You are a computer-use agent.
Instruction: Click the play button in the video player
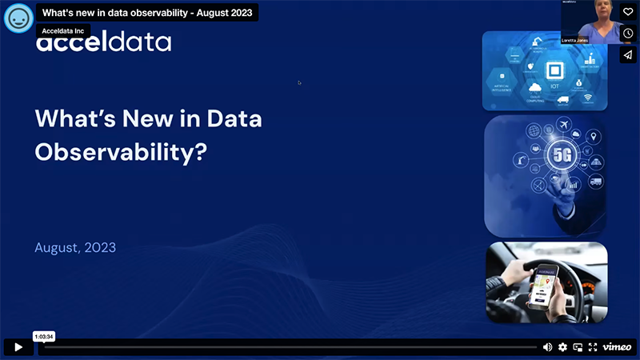point(18,347)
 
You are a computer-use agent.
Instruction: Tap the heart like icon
point(628,12)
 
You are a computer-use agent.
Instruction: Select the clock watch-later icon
point(628,33)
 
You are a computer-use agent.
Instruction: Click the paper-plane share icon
point(628,54)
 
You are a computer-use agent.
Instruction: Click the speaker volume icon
point(547,347)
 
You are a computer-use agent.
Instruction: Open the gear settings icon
point(562,347)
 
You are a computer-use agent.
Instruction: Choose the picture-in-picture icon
point(578,347)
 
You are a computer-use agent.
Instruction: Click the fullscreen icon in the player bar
point(593,347)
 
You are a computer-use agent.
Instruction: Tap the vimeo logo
point(617,347)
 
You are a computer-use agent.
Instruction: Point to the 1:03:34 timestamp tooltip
point(44,337)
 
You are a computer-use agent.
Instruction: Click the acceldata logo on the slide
point(103,42)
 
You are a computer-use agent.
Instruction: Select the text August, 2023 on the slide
point(75,247)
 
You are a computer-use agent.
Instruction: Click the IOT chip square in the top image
point(554,70)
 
